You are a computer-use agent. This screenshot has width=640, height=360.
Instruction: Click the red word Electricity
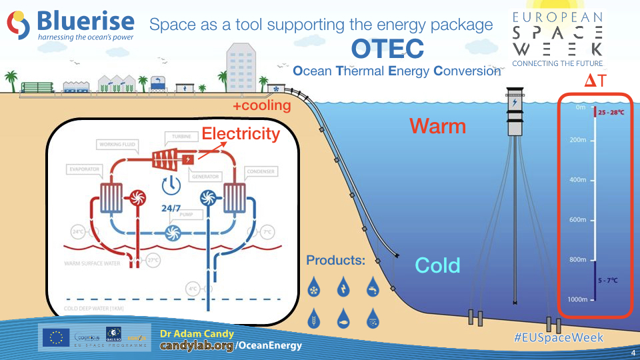point(241,133)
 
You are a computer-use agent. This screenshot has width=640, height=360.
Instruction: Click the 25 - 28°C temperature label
point(611,113)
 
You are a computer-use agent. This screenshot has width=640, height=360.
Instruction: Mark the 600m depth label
point(577,220)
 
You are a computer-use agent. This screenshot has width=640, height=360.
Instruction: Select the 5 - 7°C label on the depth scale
point(607,280)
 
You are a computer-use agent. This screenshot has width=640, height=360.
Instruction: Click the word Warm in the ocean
point(437,125)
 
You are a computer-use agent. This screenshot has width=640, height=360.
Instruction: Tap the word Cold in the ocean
point(437,265)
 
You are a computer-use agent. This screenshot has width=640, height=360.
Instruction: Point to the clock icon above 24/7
point(171,185)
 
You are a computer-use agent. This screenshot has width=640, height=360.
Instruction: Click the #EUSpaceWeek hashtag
point(559,337)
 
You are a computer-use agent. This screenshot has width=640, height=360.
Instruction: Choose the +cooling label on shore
point(262,105)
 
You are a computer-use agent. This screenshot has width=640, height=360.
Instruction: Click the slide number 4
point(631,352)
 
